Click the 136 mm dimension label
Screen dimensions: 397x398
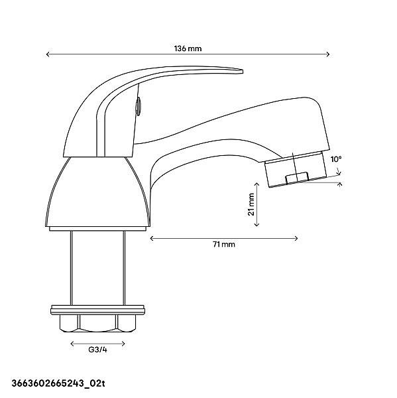(188, 48)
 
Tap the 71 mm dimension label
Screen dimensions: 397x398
(224, 244)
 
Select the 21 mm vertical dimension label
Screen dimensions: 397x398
(251, 204)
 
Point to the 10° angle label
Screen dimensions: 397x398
(336, 159)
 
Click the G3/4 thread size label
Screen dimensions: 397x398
(97, 350)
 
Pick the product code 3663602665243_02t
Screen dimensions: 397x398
(58, 383)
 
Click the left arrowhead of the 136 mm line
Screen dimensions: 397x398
(48, 54)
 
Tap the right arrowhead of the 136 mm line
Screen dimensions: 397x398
(328, 54)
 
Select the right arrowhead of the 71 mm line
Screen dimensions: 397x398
(296, 238)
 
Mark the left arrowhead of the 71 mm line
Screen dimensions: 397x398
(152, 238)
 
